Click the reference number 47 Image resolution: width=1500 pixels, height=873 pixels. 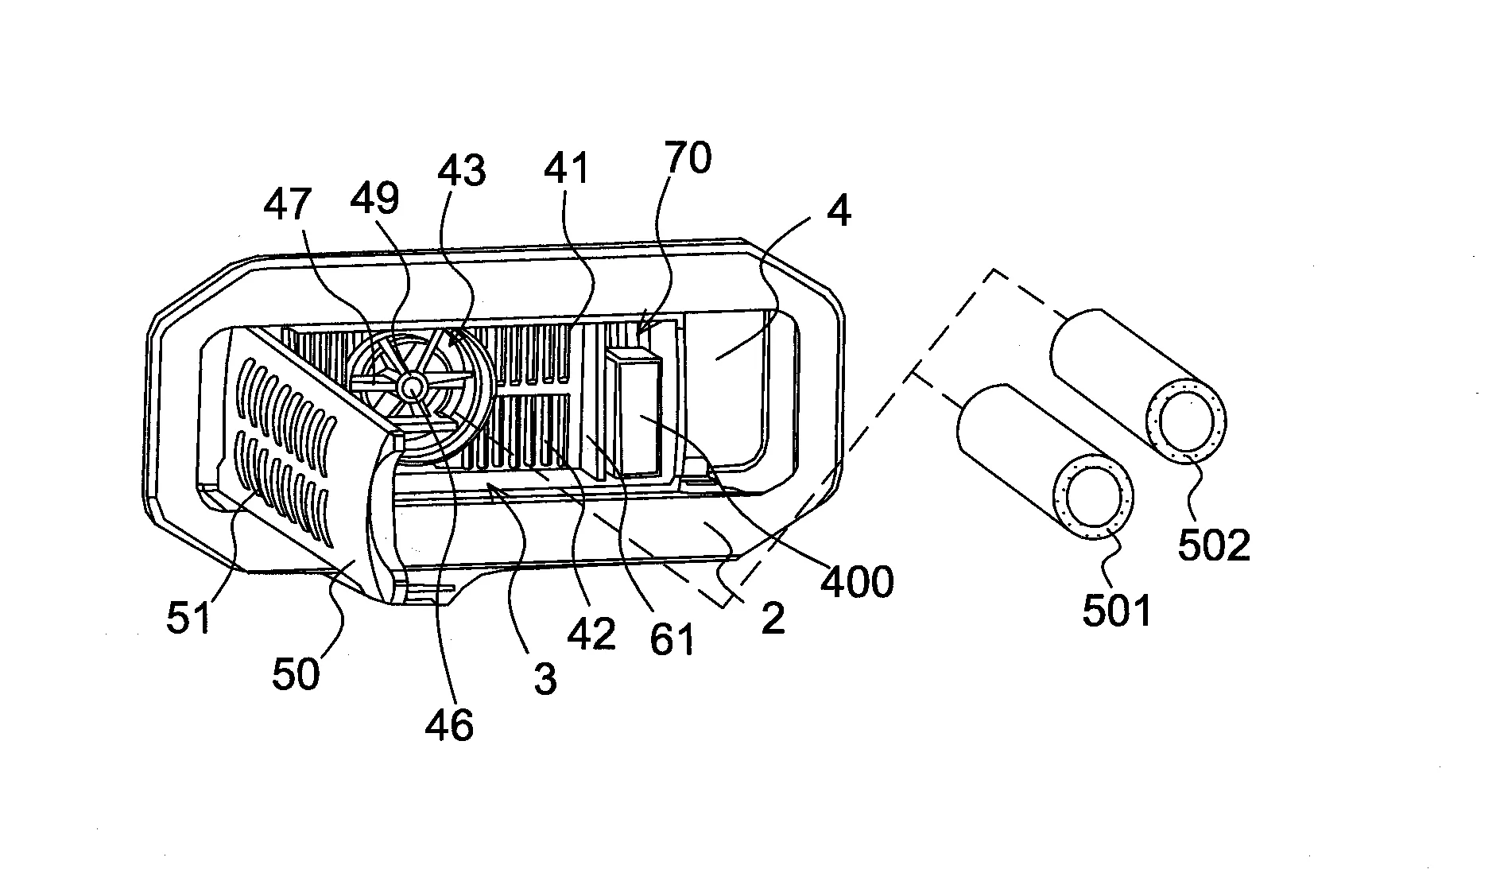tap(288, 204)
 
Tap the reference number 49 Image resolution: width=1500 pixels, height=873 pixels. tap(375, 197)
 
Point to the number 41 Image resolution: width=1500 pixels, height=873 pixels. tap(567, 169)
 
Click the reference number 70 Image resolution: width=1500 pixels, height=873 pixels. tap(688, 158)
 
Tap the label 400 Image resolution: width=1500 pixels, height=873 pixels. tap(857, 583)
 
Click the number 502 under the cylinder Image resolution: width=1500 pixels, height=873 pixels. tap(1214, 545)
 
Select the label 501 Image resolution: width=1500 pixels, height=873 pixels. tap(1117, 610)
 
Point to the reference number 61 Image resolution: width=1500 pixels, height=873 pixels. tap(672, 638)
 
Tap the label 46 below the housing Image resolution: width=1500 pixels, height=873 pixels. tap(449, 724)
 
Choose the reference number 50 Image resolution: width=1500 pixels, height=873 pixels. tap(296, 674)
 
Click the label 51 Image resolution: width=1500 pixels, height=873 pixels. tap(189, 618)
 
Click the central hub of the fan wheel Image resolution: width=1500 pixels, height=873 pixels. tap(412, 387)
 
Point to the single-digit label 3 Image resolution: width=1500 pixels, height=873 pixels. tap(545, 680)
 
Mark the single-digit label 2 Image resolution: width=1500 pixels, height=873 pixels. tap(772, 619)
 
